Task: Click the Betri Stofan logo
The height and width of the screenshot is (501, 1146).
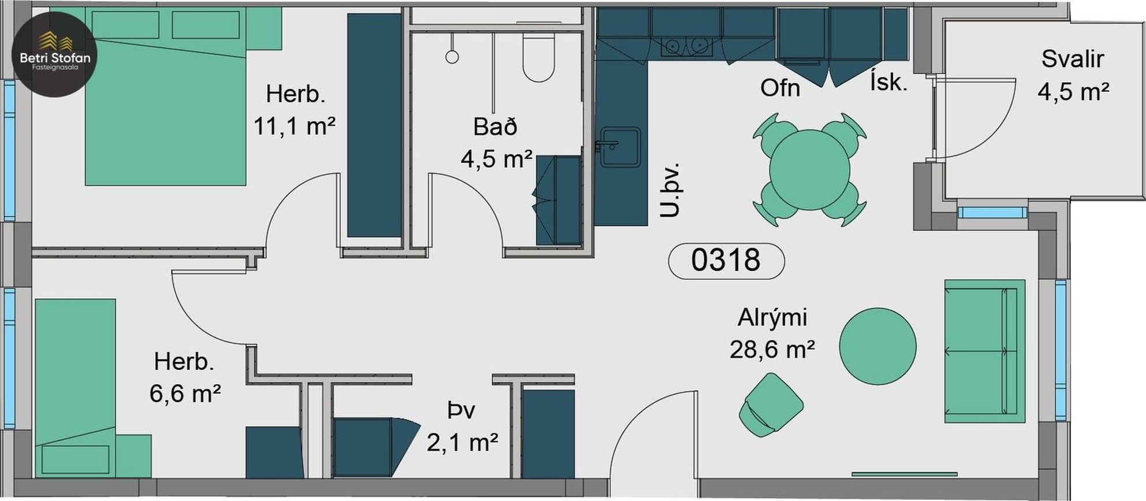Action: tap(54, 54)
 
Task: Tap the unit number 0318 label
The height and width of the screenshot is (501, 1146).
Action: tap(726, 261)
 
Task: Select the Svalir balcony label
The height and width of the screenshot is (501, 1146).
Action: tap(1072, 59)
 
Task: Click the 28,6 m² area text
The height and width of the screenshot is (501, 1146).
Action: tap(772, 350)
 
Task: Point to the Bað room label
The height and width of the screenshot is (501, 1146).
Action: tap(495, 127)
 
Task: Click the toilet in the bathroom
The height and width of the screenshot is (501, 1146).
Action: tap(539, 57)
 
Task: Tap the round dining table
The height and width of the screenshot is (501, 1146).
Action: tap(809, 169)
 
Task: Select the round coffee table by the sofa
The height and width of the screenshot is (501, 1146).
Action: tap(878, 346)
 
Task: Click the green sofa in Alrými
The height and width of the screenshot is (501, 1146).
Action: tap(985, 351)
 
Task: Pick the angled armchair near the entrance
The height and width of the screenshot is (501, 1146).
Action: tap(771, 404)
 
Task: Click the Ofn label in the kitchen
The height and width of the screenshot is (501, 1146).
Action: tap(780, 88)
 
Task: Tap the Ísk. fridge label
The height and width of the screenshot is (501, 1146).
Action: tap(889, 83)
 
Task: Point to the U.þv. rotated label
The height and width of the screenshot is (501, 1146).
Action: tap(671, 190)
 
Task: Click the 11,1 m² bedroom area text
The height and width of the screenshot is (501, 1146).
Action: tap(294, 126)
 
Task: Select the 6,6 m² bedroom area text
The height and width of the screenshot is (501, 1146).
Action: tap(185, 394)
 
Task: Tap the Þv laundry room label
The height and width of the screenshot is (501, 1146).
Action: tap(461, 410)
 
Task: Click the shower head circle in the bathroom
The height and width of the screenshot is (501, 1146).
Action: tap(452, 57)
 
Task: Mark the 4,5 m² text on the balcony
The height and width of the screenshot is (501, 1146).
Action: tap(1073, 92)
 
